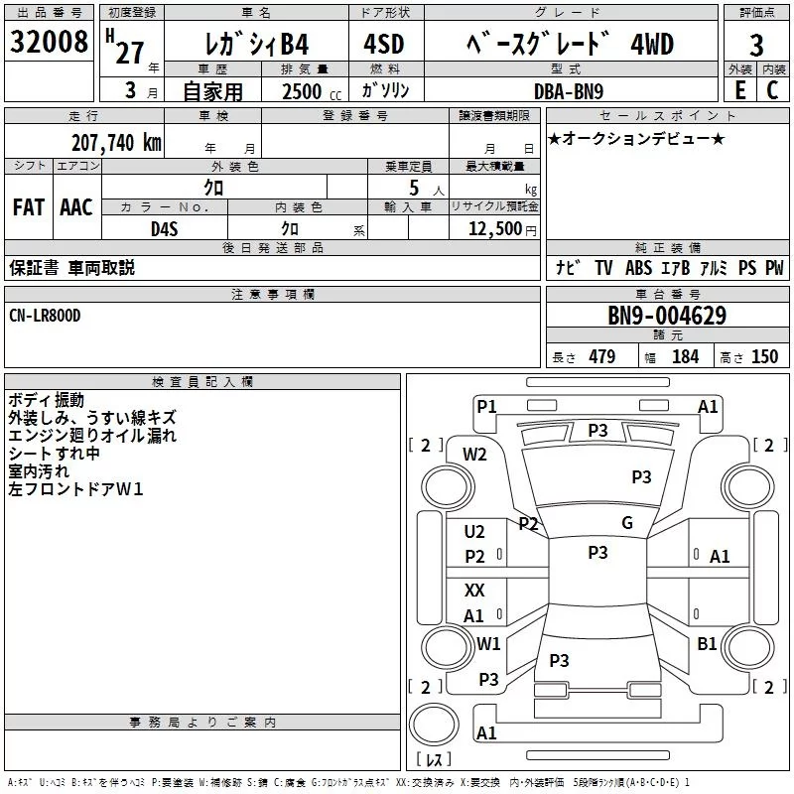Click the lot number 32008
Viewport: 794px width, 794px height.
click(49, 45)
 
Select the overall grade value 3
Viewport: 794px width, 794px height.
click(756, 46)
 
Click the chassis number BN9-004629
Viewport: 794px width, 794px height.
click(667, 317)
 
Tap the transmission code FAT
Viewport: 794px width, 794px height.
click(28, 207)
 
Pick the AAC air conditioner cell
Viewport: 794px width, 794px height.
click(76, 207)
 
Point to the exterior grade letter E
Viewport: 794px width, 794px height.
click(739, 90)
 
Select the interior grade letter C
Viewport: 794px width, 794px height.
click(772, 90)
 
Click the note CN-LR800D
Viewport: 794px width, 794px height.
click(45, 315)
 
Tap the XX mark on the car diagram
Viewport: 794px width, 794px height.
click(474, 591)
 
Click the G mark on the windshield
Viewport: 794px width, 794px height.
click(626, 523)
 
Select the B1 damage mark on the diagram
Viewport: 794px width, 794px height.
click(707, 644)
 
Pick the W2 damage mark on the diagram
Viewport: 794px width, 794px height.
click(474, 455)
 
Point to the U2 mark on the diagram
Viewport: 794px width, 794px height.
click(474, 532)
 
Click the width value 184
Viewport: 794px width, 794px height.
click(685, 357)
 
